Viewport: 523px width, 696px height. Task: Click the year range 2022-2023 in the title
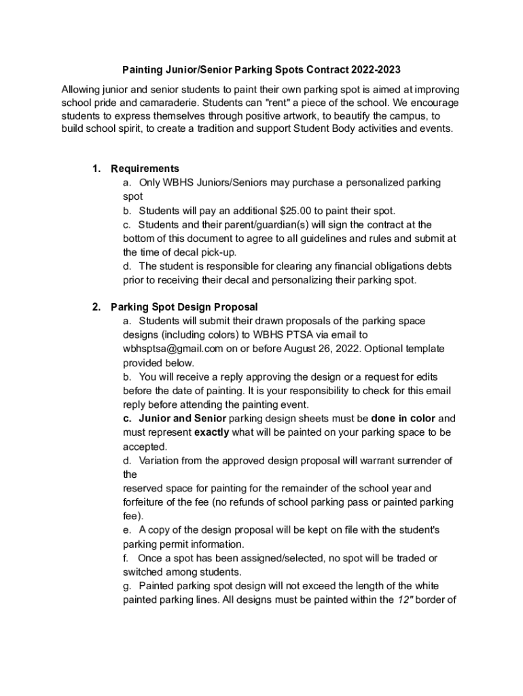(x=376, y=69)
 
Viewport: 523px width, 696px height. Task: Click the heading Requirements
(x=145, y=169)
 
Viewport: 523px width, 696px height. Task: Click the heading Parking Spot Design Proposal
(x=184, y=307)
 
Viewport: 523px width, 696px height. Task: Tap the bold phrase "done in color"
(x=403, y=418)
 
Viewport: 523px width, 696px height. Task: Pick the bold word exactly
(x=211, y=432)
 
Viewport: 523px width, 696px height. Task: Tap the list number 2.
(x=96, y=307)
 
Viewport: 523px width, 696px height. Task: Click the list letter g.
(x=126, y=585)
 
